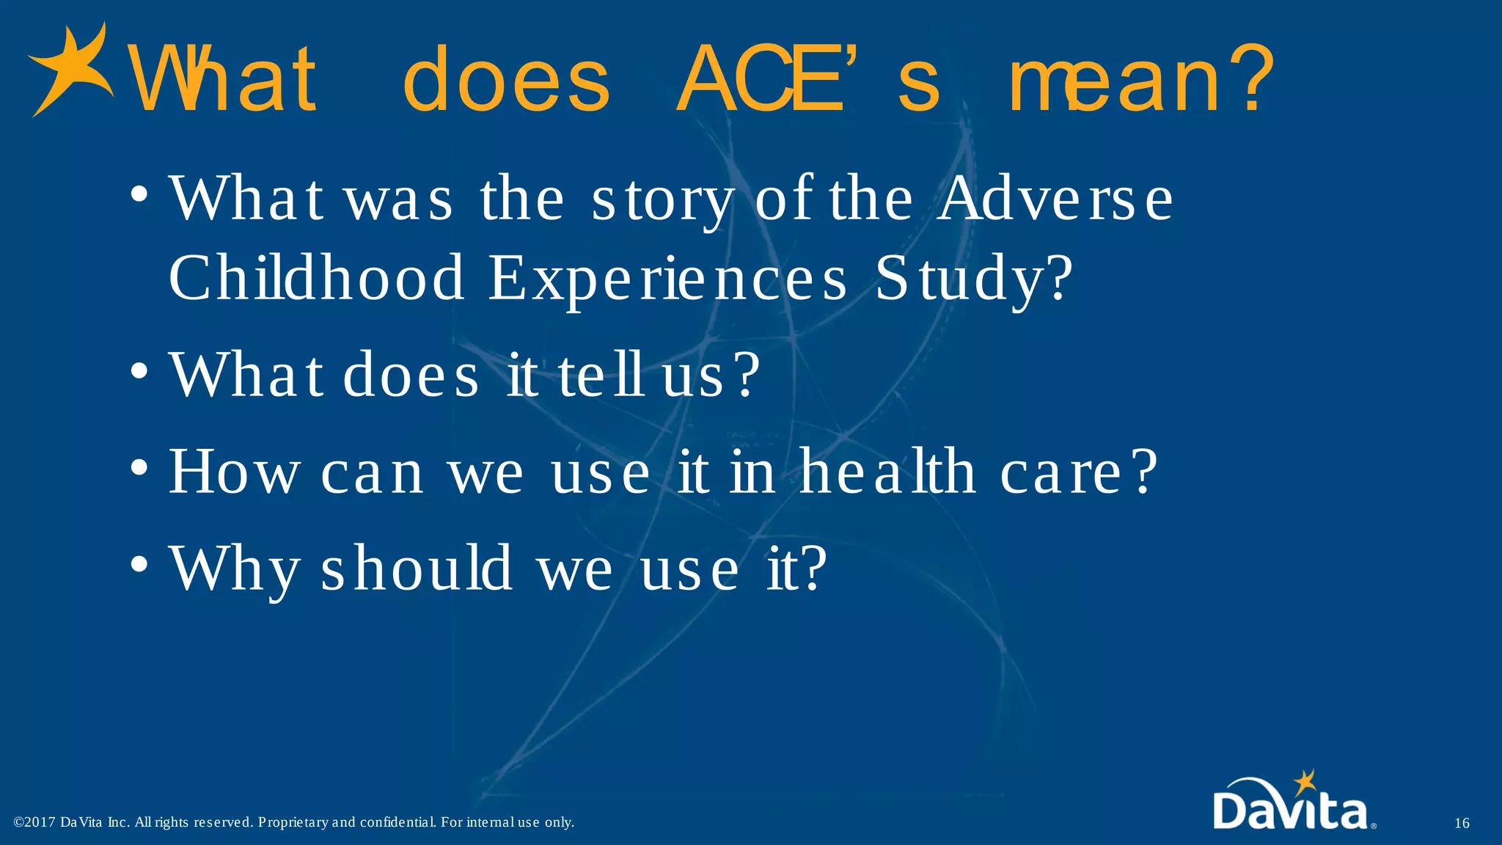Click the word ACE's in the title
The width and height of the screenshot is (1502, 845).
[x=807, y=78]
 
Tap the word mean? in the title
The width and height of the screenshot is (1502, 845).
[x=1141, y=78]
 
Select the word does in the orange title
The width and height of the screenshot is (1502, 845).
[x=506, y=78]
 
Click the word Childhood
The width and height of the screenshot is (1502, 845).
[x=316, y=278]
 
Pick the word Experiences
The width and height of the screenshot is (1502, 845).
[x=667, y=279]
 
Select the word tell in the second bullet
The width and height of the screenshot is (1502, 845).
[x=601, y=375]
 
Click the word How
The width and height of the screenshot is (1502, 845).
[x=234, y=472]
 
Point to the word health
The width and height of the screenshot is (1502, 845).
[x=887, y=472]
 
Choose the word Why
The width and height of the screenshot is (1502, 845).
[x=234, y=569]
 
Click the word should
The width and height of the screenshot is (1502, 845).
[x=416, y=568]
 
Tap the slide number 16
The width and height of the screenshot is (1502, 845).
[x=1462, y=823]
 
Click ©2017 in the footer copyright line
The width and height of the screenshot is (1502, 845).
[x=34, y=822]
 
